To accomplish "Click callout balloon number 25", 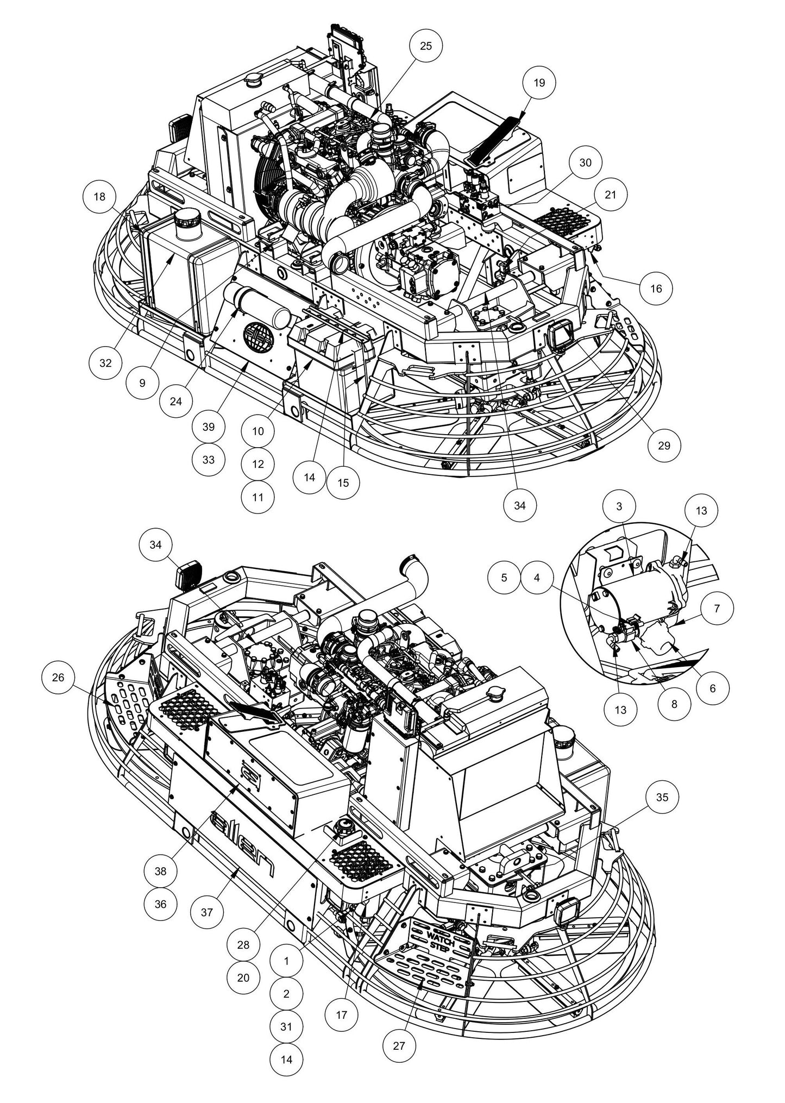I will (426, 46).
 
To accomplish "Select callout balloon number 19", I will (539, 83).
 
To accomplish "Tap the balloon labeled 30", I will (585, 163).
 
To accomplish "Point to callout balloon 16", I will (656, 288).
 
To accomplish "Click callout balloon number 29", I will (664, 446).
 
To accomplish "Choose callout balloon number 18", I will (99, 197).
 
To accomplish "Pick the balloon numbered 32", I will (105, 362).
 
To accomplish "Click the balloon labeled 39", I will (209, 427).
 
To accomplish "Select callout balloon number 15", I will (343, 482).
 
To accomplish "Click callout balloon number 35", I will (662, 797).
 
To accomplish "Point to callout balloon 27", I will (399, 1045).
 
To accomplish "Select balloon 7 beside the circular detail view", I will (717, 609).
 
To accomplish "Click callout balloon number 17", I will (341, 1014).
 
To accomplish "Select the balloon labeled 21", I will (611, 194).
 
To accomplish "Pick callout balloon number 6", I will (712, 688).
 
